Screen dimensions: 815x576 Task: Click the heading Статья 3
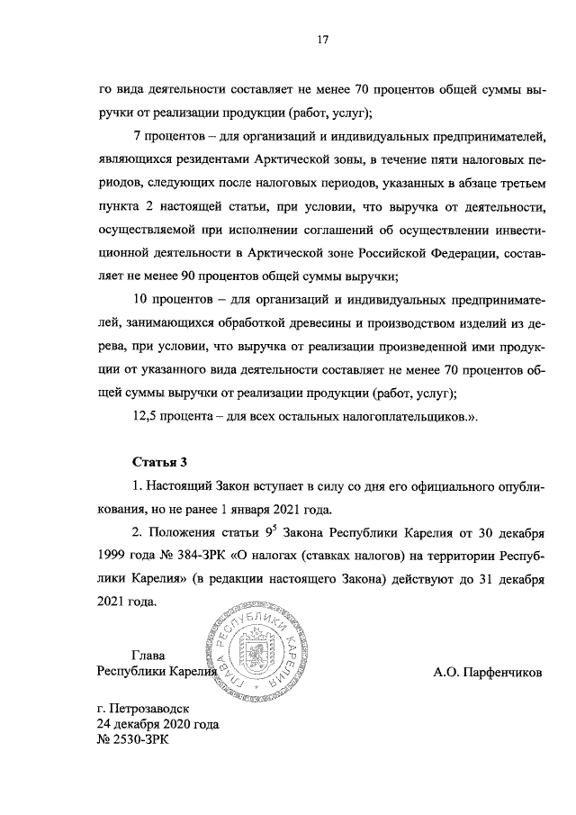(160, 463)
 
